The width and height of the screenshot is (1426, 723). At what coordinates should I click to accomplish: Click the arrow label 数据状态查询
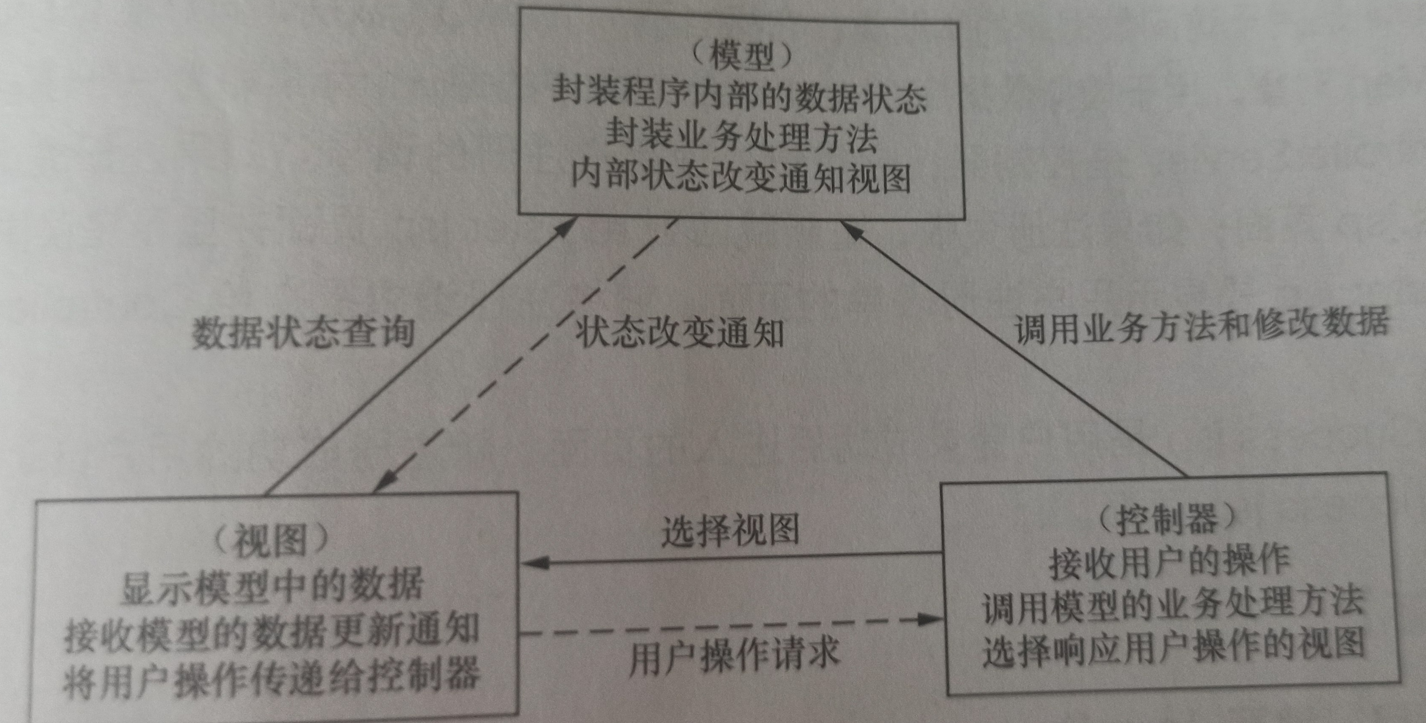click(x=303, y=333)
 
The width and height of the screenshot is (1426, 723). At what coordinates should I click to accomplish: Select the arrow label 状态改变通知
click(x=680, y=333)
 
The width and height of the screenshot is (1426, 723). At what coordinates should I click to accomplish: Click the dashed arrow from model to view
click(x=526, y=355)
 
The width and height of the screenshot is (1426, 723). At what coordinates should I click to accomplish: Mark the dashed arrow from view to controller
click(x=731, y=625)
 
